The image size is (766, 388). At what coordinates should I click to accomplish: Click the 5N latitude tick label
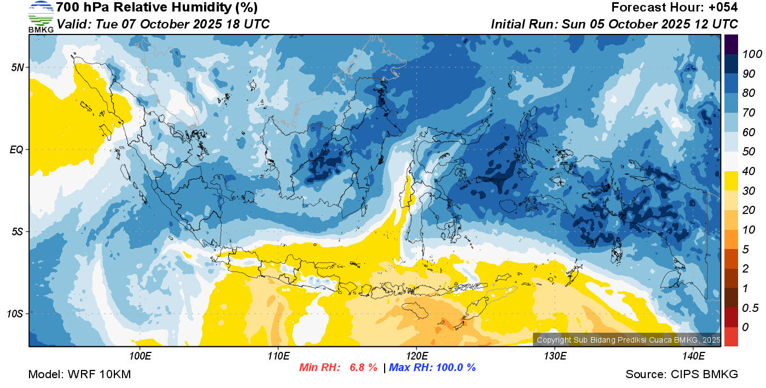(18, 67)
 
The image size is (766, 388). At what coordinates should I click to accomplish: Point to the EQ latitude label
(17, 149)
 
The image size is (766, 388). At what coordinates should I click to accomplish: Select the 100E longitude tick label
(140, 356)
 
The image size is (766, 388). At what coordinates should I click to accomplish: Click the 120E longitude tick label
(417, 356)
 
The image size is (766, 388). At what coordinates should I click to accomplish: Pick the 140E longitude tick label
(693, 356)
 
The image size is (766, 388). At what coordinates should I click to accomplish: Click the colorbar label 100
(752, 54)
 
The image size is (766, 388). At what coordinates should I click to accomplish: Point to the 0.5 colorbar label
(750, 308)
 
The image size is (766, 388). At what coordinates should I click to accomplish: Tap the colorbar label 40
(748, 171)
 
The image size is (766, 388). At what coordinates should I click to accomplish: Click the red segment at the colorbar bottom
(731, 337)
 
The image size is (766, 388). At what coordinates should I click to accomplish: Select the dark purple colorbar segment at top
(731, 44)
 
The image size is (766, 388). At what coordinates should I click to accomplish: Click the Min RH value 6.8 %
(363, 367)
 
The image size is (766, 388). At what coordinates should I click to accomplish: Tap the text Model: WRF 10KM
(79, 374)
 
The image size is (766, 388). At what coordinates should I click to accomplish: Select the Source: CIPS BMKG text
(682, 374)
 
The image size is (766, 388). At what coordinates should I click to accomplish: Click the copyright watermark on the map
(628, 340)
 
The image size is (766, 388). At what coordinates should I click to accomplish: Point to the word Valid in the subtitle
(74, 24)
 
